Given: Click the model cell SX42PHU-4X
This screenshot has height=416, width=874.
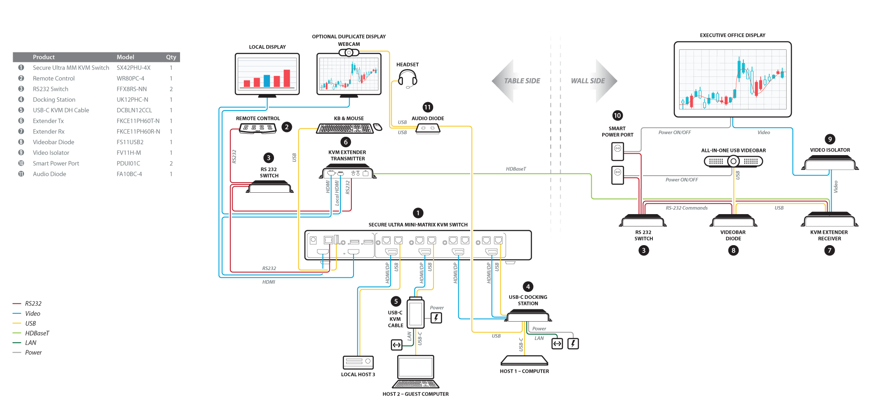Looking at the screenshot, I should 133,68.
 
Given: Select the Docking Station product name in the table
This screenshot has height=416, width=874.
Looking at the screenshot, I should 54,100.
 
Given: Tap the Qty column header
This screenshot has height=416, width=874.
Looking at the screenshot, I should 171,57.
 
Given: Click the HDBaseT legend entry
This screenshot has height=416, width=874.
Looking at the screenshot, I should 37,333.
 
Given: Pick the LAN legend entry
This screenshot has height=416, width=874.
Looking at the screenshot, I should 31,343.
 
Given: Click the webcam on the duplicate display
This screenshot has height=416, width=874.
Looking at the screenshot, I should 349,53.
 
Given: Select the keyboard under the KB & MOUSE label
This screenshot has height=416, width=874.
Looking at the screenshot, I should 345,128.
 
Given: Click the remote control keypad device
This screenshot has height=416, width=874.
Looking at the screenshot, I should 258,128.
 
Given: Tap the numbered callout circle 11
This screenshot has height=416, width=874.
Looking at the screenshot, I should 427,107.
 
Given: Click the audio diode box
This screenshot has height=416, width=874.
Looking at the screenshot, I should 427,128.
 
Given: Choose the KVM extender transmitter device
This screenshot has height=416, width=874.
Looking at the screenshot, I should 348,173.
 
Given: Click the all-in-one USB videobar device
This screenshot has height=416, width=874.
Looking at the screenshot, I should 733,161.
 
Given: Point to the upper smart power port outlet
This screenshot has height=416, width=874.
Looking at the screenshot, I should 617,151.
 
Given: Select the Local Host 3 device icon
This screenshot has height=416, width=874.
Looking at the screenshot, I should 358,362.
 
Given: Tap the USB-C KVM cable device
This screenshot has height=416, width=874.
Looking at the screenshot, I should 416,313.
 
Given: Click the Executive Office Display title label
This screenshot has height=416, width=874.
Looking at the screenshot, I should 732,35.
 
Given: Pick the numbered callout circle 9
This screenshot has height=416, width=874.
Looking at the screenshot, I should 830,139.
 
